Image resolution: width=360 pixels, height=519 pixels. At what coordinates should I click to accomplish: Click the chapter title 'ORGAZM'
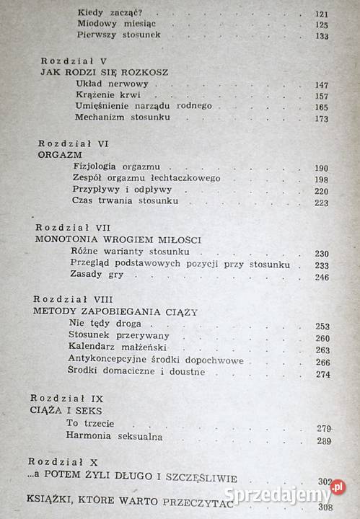click(x=57, y=154)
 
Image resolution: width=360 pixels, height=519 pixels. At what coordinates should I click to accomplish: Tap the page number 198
click(x=321, y=179)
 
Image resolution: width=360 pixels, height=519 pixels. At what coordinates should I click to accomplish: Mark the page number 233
click(x=321, y=265)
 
